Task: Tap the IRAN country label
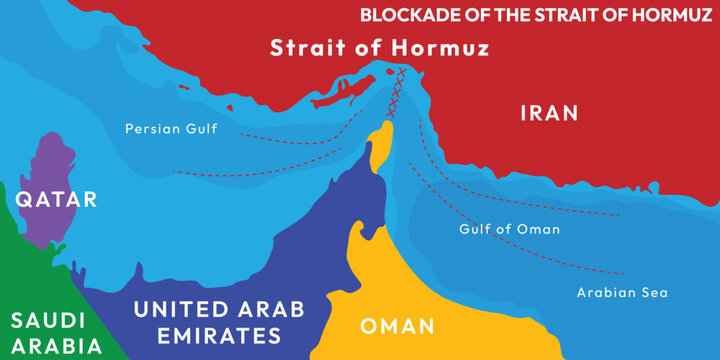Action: [x=549, y=113]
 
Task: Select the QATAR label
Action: [x=56, y=199]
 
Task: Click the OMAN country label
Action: [x=397, y=326]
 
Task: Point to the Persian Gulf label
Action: [x=171, y=129]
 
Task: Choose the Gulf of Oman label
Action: [x=509, y=229]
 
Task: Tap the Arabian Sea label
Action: [x=622, y=293]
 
